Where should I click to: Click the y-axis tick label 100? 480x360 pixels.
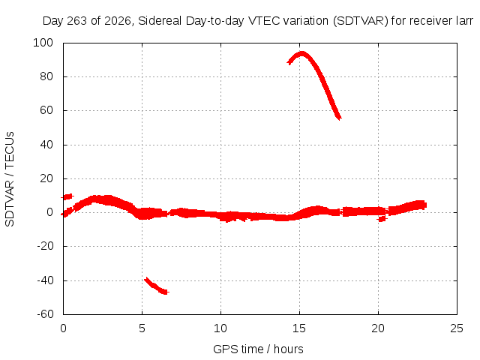tap(43, 43)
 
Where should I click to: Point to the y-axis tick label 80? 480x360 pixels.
tap(46, 76)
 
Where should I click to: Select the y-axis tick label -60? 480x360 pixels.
tap(45, 314)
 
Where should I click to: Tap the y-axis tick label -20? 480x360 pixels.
tap(45, 246)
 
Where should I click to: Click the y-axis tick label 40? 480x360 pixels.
tap(46, 145)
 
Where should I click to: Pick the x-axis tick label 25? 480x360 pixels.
tap(457, 328)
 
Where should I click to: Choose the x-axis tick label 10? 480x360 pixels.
tap(220, 328)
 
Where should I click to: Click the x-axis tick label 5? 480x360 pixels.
tap(142, 328)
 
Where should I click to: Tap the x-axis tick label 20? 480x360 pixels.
tap(378, 328)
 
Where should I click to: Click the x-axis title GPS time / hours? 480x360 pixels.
tap(258, 349)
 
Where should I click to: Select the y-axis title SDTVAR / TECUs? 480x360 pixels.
tap(10, 179)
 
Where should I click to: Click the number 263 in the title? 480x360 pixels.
tap(76, 21)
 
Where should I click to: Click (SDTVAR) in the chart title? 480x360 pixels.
tap(361, 21)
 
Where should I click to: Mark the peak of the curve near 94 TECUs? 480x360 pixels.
tap(302, 54)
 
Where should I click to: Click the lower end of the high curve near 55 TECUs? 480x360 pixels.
tap(339, 118)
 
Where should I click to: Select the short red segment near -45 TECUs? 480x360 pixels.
tap(156, 286)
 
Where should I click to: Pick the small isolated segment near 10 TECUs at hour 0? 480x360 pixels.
tap(67, 196)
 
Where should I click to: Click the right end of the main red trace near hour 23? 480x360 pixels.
tap(425, 205)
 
